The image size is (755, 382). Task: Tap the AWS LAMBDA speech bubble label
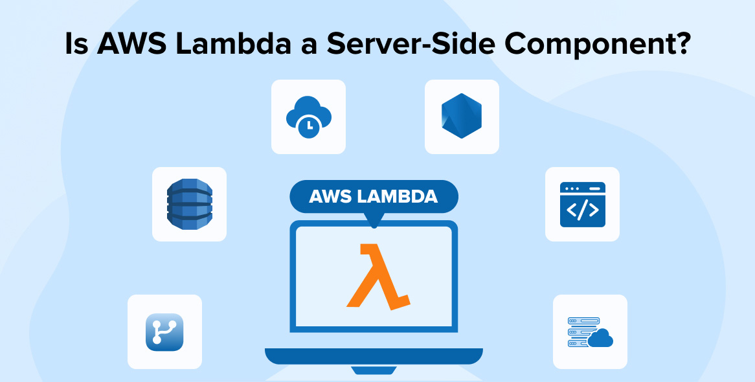374,197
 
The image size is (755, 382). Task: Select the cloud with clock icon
309,117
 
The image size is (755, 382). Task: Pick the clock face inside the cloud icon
309,126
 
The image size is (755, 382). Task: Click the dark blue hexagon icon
461,116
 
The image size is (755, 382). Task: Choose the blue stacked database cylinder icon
189,204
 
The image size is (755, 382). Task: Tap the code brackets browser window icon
582,204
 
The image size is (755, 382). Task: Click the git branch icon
164,332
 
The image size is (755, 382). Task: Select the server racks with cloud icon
590,332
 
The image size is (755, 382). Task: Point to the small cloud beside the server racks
600,338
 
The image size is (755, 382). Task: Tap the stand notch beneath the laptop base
374,370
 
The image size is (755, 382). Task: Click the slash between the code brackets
582,210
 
